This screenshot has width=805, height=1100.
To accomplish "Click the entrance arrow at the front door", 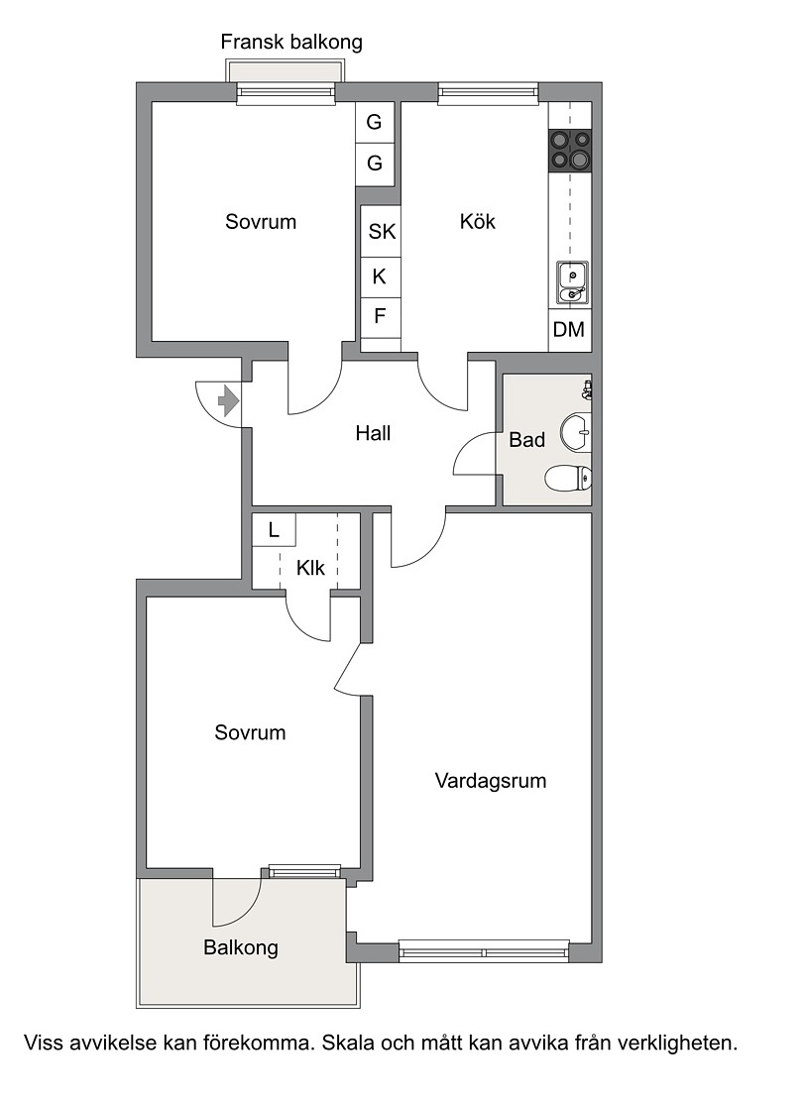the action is click(x=229, y=401).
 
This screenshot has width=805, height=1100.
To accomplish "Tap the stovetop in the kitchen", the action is click(x=569, y=151).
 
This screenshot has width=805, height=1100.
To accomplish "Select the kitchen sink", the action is click(x=572, y=282).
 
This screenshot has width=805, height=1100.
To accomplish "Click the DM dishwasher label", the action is click(x=568, y=329).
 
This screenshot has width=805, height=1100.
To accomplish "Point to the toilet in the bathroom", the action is click(x=568, y=479).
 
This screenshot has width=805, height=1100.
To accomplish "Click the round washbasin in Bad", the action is click(x=576, y=433).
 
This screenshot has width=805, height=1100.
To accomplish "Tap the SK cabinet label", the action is click(x=382, y=232).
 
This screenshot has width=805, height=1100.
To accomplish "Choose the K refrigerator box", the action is click(x=380, y=277).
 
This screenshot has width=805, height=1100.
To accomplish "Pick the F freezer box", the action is click(x=380, y=317).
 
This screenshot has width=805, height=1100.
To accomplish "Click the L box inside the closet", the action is click(x=274, y=529).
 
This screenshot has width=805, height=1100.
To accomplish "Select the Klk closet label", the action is click(x=310, y=567).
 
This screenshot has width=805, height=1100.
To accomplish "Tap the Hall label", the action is click(x=373, y=433).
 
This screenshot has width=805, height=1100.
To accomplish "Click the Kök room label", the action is click(x=477, y=222).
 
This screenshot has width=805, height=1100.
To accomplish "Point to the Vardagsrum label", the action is click(x=491, y=781).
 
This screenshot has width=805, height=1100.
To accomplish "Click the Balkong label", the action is click(x=241, y=947).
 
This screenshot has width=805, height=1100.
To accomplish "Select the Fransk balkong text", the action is click(x=291, y=42).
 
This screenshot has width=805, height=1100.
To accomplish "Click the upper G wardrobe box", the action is click(x=374, y=123).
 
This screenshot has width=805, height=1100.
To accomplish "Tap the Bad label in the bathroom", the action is click(x=527, y=440).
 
